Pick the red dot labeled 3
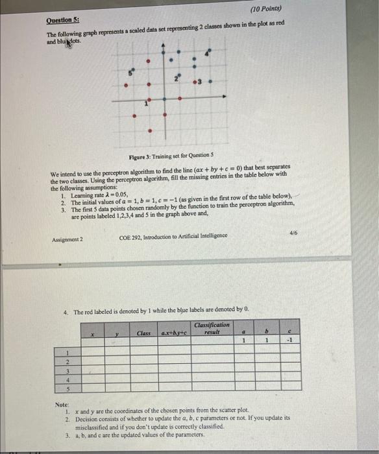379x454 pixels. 193,82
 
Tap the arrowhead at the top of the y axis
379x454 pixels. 164,47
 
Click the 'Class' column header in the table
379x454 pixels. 143,333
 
